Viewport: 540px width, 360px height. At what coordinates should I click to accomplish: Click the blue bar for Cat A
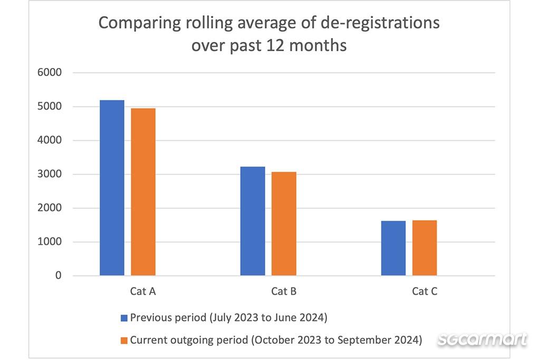(112, 188)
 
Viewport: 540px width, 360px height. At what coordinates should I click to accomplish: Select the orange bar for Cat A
(143, 192)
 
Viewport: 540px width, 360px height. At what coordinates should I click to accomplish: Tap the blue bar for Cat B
(253, 221)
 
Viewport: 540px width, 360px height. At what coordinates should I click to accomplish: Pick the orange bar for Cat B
(284, 223)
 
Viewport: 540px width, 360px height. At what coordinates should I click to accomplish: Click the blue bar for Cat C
(393, 248)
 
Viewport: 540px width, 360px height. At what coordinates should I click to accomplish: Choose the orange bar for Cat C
(425, 248)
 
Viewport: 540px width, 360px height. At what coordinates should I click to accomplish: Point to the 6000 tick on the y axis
(51, 73)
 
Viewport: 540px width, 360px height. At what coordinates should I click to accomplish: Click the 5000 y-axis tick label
(51, 106)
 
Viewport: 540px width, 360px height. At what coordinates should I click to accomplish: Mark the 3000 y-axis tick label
(51, 174)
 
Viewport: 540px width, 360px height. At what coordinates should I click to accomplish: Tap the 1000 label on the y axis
(51, 242)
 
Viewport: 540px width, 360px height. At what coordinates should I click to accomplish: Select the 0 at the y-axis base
(59, 276)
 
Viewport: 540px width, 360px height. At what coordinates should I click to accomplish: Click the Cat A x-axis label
(142, 291)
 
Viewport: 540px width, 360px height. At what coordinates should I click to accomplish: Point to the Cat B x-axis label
(283, 291)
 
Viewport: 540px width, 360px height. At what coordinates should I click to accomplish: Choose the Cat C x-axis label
(425, 291)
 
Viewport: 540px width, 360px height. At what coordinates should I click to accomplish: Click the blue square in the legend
(124, 318)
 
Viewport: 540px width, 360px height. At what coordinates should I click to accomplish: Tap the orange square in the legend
(124, 340)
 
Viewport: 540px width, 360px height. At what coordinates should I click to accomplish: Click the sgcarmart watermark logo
(482, 339)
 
